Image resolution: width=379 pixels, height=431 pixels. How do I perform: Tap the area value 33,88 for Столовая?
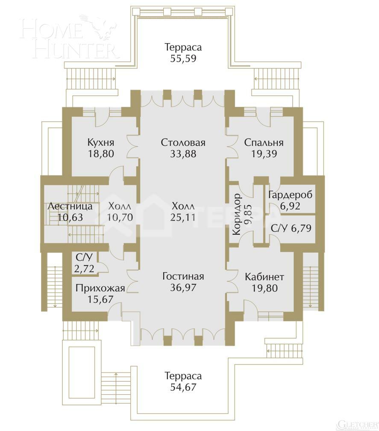tap(183, 154)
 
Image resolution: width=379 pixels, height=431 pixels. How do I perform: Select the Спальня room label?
tap(264, 142)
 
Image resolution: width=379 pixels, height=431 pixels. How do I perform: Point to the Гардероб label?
tap(290, 195)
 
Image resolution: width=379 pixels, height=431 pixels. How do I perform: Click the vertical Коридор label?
tap(237, 214)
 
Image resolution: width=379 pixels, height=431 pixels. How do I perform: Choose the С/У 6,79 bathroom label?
tap(290, 228)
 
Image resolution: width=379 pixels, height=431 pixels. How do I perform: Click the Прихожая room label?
tap(100, 288)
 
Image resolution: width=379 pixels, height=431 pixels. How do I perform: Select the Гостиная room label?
tap(183, 276)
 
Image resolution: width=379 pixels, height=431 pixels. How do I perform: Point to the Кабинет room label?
tap(264, 277)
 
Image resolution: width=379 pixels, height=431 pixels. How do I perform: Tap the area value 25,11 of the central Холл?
tap(182, 217)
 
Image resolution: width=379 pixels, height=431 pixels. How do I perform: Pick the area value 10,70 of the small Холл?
tap(120, 217)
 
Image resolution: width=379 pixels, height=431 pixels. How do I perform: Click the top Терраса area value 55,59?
tap(183, 59)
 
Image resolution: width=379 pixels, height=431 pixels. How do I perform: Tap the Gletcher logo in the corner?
tap(357, 424)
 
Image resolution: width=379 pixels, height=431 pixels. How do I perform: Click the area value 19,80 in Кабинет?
tap(264, 288)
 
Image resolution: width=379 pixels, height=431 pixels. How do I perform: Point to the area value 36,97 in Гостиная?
tap(183, 288)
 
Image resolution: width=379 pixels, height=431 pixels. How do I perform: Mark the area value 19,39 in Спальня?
tap(264, 154)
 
